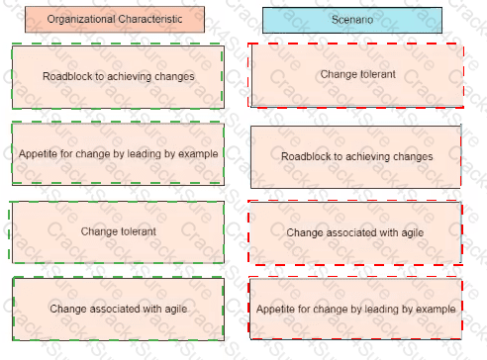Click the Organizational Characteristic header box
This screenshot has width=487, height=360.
click(115, 20)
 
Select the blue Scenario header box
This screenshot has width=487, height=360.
click(352, 20)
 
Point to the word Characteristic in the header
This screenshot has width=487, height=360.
click(150, 19)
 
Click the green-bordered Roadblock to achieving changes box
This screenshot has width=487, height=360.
click(118, 76)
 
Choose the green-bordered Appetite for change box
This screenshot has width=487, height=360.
click(118, 153)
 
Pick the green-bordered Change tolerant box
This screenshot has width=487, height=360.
click(117, 231)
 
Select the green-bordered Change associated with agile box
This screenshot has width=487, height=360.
click(118, 309)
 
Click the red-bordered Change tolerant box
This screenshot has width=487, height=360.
click(356, 75)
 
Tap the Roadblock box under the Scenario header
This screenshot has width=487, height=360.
click(356, 156)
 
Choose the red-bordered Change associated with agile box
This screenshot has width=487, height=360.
click(355, 232)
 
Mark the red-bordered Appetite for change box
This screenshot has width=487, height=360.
click(355, 309)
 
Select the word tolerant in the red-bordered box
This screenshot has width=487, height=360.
click(378, 74)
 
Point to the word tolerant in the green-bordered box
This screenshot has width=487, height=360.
click(139, 231)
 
